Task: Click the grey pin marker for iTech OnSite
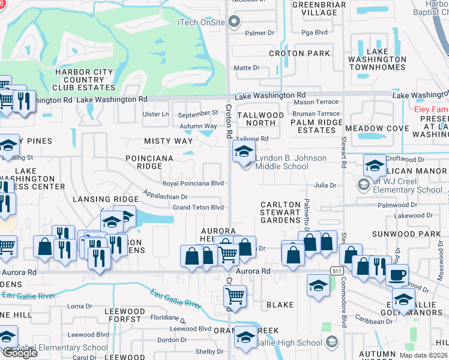[x=235, y=23]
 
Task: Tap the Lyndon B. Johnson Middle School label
[x=291, y=162]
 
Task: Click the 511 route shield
[x=337, y=271]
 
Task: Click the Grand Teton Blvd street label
[x=198, y=208]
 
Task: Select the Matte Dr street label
[x=246, y=68]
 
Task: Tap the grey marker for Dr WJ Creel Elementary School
[x=363, y=185]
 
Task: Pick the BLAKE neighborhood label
[x=280, y=305]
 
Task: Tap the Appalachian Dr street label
[x=165, y=196]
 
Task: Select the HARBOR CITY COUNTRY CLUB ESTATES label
[x=84, y=79]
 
